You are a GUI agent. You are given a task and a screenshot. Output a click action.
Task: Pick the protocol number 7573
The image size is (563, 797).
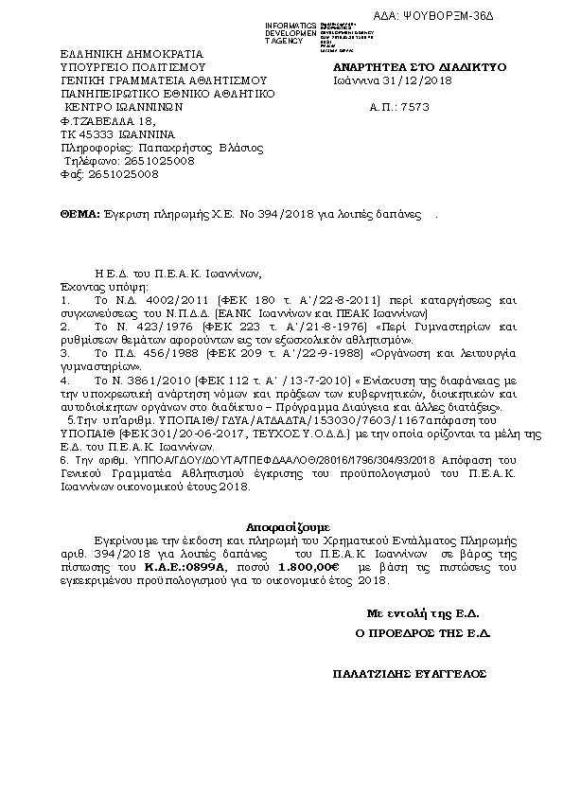(446, 108)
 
